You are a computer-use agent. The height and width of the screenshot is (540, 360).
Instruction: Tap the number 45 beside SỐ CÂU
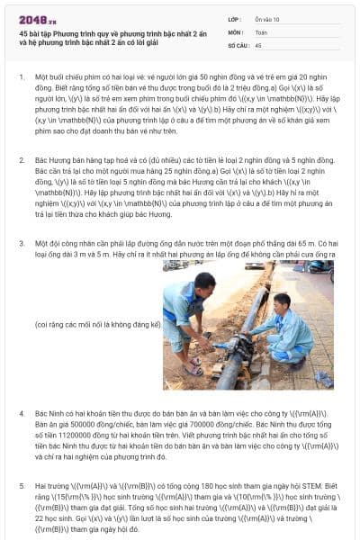259,43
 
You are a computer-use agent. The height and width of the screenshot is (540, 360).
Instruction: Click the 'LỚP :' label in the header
234,18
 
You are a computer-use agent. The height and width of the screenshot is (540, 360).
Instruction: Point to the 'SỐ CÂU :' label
238,43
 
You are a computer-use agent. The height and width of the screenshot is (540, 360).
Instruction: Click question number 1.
21,77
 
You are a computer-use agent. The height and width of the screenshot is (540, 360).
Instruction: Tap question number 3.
21,243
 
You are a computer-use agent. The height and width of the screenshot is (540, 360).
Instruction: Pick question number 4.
21,413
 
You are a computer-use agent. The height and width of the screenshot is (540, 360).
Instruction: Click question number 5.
21,484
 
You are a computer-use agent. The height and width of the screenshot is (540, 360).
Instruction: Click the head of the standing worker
205,282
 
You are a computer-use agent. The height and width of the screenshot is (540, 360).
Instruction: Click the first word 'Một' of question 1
41,77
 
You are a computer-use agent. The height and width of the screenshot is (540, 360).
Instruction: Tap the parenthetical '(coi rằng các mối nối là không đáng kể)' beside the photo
97,323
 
